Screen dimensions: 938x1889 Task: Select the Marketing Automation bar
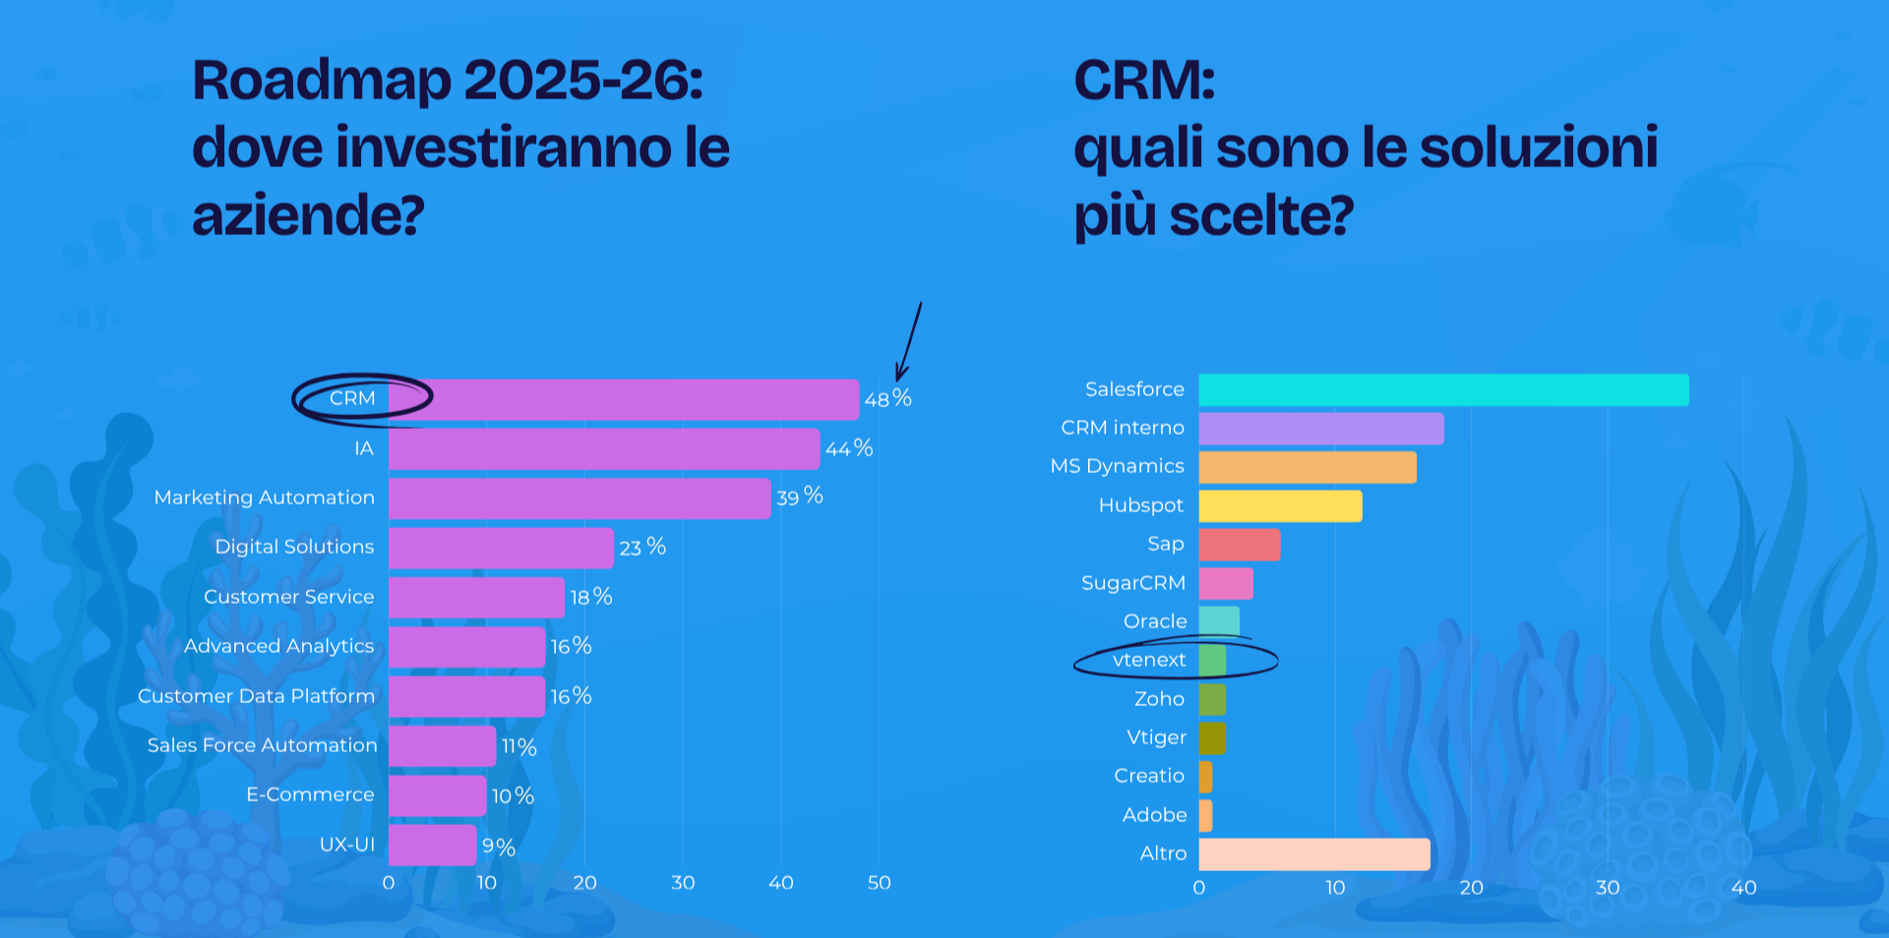[x=579, y=498]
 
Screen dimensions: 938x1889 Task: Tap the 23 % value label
[x=641, y=548]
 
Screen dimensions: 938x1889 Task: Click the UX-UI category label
[x=346, y=845]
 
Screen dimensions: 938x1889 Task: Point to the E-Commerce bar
[x=437, y=795]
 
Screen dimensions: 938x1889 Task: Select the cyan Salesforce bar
[x=1442, y=390]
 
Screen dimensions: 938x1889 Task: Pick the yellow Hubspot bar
[x=1279, y=506]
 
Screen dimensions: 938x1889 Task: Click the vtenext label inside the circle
[x=1148, y=661]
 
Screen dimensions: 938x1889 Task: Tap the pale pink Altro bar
[x=1313, y=854]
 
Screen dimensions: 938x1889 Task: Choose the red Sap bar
[x=1239, y=545]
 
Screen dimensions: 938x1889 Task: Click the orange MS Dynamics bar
[x=1307, y=467]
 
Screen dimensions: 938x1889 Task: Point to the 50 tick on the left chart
[x=879, y=883]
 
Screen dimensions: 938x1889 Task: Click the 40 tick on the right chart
[x=1742, y=888]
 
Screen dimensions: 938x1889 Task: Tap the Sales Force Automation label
[x=262, y=745]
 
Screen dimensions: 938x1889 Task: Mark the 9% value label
[x=498, y=848]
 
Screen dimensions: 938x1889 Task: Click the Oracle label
[x=1155, y=621]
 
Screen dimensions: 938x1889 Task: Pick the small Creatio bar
[x=1205, y=777]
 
